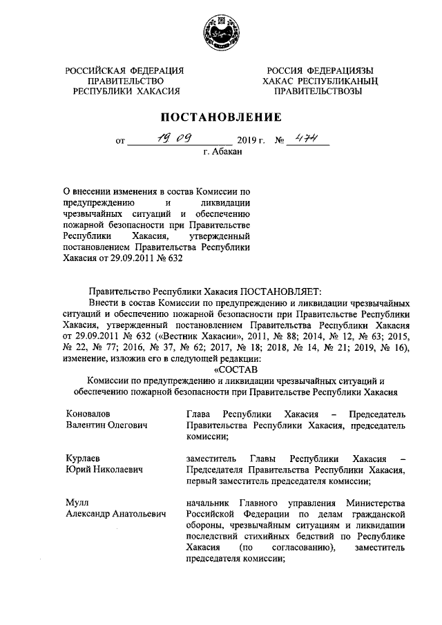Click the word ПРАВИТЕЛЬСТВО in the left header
point(124,81)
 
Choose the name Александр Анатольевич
point(116,515)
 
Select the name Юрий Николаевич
point(104,470)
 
